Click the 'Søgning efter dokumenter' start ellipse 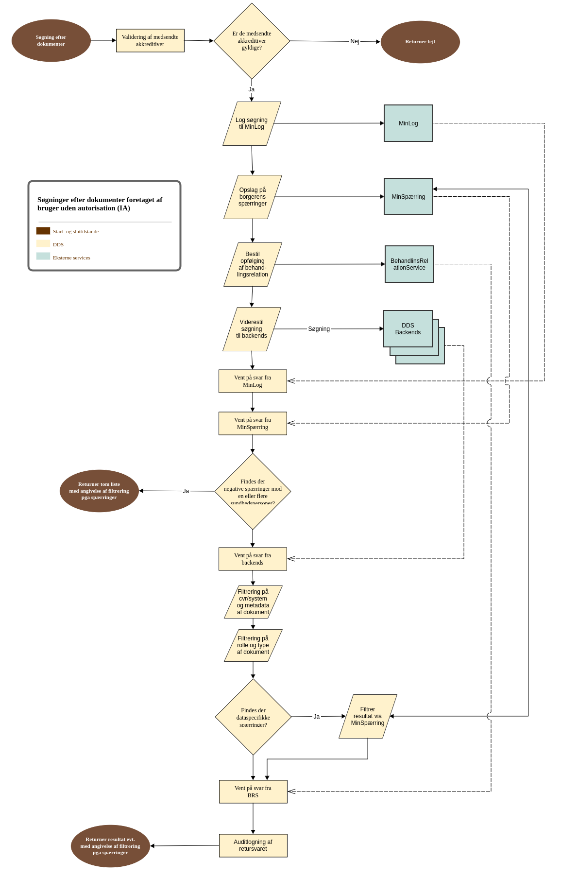click(51, 40)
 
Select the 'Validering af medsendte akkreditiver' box click(150, 40)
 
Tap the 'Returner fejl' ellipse click(420, 42)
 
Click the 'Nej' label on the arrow click(355, 41)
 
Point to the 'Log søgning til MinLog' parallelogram click(252, 123)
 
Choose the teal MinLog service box click(408, 123)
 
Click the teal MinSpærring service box click(408, 197)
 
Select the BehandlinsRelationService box click(409, 264)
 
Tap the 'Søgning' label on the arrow click(319, 329)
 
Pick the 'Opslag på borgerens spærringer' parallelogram click(253, 197)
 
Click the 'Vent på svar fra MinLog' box click(253, 381)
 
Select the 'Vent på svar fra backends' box click(253, 559)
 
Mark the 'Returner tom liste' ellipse click(99, 491)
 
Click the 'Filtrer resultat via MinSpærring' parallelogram click(368, 716)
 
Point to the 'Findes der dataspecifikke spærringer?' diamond click(253, 717)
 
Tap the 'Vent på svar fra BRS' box click(253, 791)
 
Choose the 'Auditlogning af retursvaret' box click(253, 845)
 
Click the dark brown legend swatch click(43, 231)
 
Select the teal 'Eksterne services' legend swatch click(43, 256)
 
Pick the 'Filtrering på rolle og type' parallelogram click(253, 645)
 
